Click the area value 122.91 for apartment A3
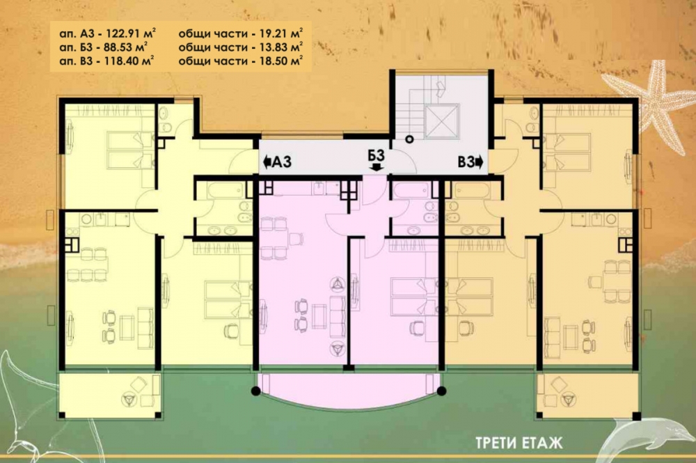pos(123,33)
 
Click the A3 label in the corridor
pos(282,162)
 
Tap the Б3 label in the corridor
pos(376,155)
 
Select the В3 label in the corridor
pos(466,162)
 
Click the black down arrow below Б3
pos(377,167)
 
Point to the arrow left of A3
pos(267,162)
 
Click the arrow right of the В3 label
pos(479,162)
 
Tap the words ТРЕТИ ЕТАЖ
pos(519,443)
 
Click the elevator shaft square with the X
pos(441,121)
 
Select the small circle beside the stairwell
pos(409,139)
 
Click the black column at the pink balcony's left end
pos(255,391)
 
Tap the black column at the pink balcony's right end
pos(441,391)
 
